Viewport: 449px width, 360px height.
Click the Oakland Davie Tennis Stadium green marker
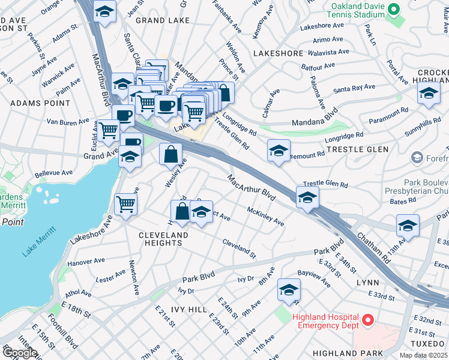click(x=394, y=9)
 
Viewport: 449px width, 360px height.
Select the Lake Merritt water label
click(x=39, y=241)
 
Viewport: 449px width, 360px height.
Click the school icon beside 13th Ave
click(x=408, y=226)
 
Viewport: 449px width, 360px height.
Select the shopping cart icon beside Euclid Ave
click(x=109, y=130)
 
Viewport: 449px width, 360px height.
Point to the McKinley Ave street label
click(x=265, y=216)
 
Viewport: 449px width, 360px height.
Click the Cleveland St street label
click(x=239, y=250)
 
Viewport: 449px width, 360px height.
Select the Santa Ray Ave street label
click(x=354, y=88)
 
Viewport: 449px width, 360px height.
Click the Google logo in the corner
click(x=20, y=353)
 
